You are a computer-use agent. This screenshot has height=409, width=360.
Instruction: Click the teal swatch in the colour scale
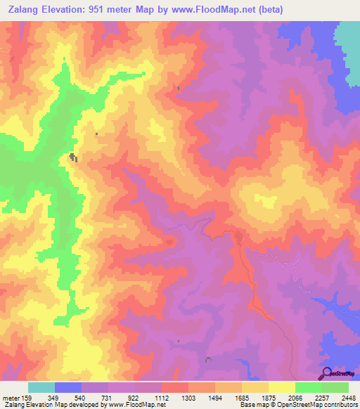point(41,388)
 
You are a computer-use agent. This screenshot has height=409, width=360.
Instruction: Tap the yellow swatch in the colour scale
point(281,388)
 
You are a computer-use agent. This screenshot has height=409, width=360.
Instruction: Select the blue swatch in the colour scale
point(68,388)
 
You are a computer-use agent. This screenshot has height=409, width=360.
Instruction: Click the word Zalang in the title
point(22,10)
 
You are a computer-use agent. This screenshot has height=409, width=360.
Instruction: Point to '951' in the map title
point(115,10)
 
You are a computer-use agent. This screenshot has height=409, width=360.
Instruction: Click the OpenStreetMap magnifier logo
point(326,373)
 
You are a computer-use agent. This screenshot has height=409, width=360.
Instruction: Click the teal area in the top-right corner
point(347,42)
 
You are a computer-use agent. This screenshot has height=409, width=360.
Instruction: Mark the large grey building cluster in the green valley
point(72,158)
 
